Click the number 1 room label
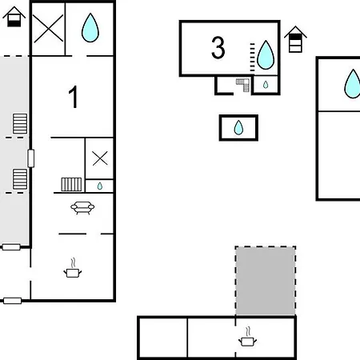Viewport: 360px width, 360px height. click(73, 97)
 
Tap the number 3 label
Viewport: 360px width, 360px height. click(218, 48)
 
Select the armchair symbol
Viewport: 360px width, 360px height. click(82, 208)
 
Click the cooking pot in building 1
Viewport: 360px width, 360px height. click(73, 268)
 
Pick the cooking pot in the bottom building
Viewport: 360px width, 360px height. click(247, 337)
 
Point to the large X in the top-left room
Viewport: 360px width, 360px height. click(48, 29)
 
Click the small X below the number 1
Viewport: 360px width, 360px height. click(100, 158)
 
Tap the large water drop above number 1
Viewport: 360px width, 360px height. click(90, 28)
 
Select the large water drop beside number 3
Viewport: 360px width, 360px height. click(266, 55)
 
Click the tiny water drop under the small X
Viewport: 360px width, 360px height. click(100, 186)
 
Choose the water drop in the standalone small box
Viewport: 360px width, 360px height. click(238, 127)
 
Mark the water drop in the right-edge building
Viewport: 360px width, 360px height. click(353, 84)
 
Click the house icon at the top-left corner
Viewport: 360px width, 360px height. click(14, 17)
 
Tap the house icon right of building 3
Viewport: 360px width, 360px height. click(295, 39)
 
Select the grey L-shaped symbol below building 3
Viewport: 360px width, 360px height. click(243, 85)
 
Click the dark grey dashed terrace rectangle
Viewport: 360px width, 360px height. click(266, 281)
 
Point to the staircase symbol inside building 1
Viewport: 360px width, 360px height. click(71, 185)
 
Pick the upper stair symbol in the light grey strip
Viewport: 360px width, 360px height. click(20, 124)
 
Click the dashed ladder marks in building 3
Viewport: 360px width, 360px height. click(252, 57)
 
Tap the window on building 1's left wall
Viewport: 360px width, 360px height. click(31, 158)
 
